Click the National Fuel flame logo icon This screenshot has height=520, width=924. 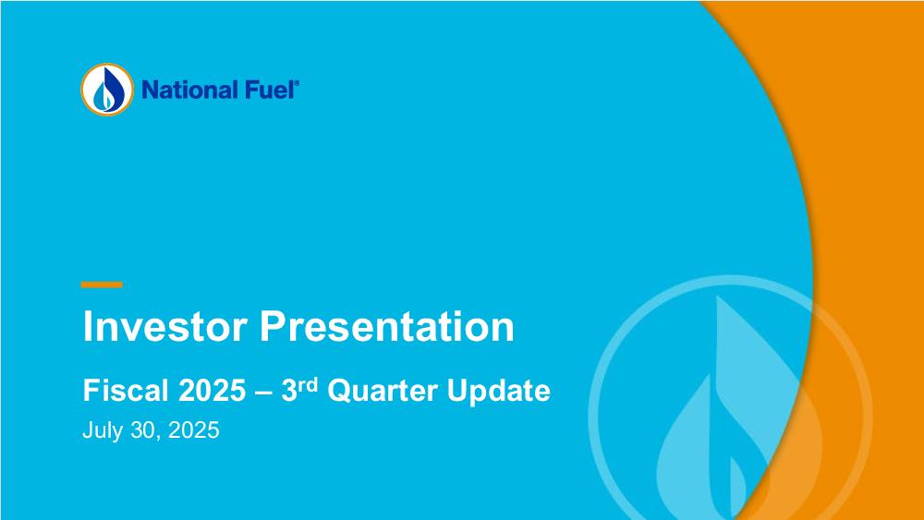[x=107, y=90]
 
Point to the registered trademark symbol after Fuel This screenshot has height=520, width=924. [x=297, y=84]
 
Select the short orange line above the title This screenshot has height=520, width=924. [x=102, y=284]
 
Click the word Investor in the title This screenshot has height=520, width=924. [x=165, y=326]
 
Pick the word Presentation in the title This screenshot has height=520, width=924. [x=387, y=326]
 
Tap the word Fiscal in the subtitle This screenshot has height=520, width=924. [x=126, y=390]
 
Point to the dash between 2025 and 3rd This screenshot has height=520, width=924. [x=263, y=393]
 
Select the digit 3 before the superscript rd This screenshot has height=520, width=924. [x=288, y=390]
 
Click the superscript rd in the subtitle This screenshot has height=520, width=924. [x=308, y=385]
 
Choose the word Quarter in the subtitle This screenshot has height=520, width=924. [x=383, y=391]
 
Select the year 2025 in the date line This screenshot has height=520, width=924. [x=194, y=429]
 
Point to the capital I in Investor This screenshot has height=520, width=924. [x=87, y=326]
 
